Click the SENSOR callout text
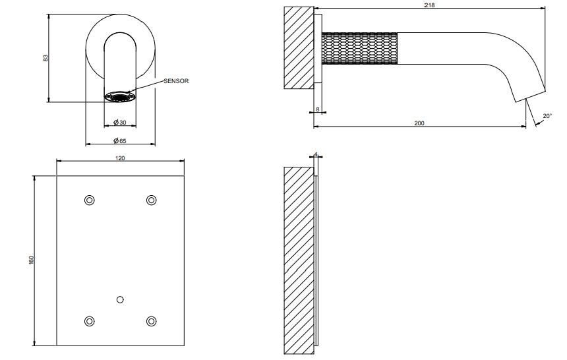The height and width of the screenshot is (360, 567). click(176, 81)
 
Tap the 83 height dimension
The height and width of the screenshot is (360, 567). click(45, 57)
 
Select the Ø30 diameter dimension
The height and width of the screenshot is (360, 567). click(120, 122)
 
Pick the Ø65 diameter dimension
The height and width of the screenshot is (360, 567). click(120, 140)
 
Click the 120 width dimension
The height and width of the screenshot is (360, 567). click(120, 158)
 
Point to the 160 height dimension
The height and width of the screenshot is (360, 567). click(31, 260)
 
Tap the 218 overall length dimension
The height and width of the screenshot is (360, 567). click(430, 5)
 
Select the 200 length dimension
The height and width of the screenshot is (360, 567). click(419, 123)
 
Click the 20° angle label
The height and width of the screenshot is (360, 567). click(547, 116)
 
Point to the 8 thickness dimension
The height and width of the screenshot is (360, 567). click(318, 109)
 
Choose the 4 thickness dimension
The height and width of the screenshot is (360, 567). click(316, 155)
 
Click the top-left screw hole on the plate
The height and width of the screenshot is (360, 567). click(89, 200)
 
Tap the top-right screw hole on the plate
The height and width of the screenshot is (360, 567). click(152, 200)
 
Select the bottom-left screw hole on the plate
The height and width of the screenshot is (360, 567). click(89, 321)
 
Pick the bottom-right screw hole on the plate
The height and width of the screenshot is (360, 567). click(152, 321)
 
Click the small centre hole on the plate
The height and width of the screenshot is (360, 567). click(120, 299)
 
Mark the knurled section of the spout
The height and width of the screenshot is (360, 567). click(359, 49)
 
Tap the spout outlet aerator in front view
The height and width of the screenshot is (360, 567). click(121, 97)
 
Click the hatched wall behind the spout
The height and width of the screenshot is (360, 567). click(299, 47)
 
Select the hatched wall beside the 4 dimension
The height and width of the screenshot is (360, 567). click(299, 260)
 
